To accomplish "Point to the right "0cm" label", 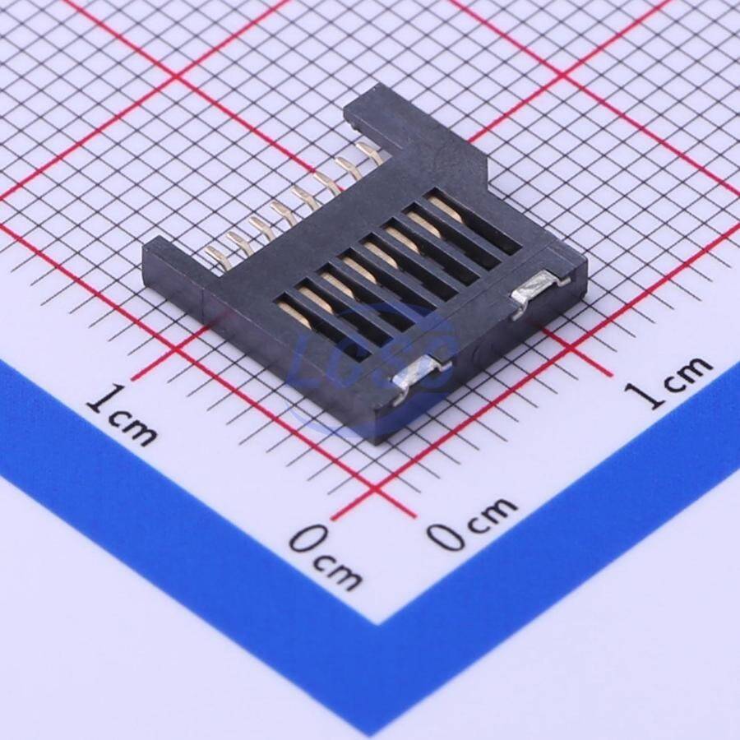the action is [472, 523].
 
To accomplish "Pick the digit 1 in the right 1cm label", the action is [641, 395].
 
